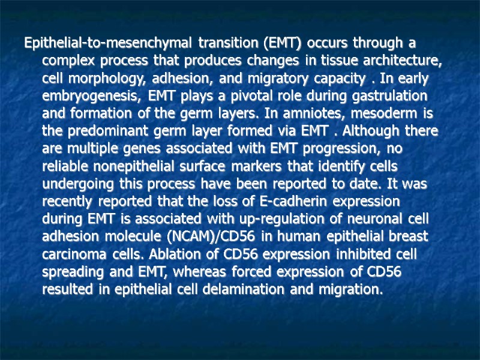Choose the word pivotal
click(239, 96)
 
